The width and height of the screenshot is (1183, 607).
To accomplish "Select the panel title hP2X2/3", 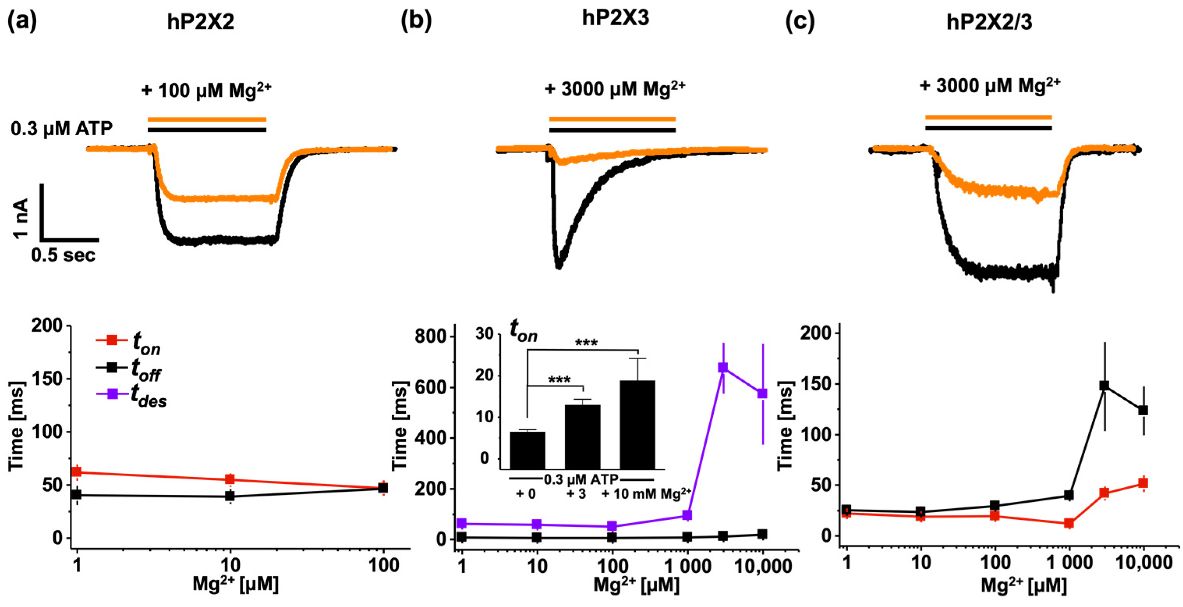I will click(x=989, y=21).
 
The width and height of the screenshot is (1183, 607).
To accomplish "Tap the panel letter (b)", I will click(x=416, y=21).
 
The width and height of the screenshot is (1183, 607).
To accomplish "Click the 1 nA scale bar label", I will click(x=21, y=218).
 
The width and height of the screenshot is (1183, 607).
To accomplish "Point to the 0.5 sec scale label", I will click(x=64, y=255).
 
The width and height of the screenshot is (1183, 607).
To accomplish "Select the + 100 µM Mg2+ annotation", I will click(x=206, y=90).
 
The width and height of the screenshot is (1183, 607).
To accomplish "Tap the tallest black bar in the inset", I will click(x=637, y=424).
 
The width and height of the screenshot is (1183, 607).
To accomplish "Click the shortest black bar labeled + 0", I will click(x=528, y=450).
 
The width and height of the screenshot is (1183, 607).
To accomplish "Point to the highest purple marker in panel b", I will click(x=723, y=367).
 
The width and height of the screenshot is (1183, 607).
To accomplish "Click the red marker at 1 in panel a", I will click(x=77, y=471).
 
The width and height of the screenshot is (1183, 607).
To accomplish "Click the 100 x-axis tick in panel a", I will click(x=384, y=565).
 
